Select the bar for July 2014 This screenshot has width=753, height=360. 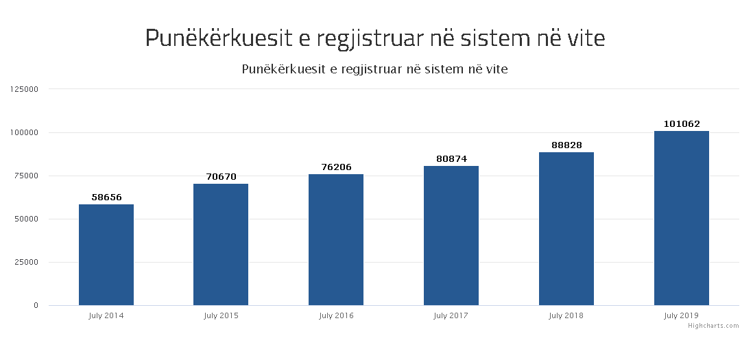pyautogui.click(x=106, y=254)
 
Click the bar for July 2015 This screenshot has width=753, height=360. pyautogui.click(x=221, y=244)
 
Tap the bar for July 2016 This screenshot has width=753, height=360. pyautogui.click(x=336, y=239)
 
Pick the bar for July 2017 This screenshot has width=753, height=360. pyautogui.click(x=451, y=235)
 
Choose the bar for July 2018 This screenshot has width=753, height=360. pyautogui.click(x=566, y=228)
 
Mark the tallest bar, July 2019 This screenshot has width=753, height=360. pyautogui.click(x=682, y=218)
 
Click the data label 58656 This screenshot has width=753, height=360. pyautogui.click(x=106, y=197)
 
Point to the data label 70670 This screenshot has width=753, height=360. pyautogui.click(x=221, y=176)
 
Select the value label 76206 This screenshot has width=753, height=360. pyautogui.click(x=336, y=167)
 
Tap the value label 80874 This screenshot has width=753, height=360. pyautogui.click(x=451, y=158)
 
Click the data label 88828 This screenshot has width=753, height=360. pyautogui.click(x=566, y=145)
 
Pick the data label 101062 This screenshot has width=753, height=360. pyautogui.click(x=682, y=124)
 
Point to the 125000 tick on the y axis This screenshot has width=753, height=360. pyautogui.click(x=24, y=89)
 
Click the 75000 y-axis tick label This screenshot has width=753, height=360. pyautogui.click(x=26, y=176)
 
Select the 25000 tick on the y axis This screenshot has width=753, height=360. pyautogui.click(x=26, y=262)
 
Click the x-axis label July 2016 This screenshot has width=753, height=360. pyautogui.click(x=336, y=316)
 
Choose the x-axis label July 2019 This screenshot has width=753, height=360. pyautogui.click(x=682, y=316)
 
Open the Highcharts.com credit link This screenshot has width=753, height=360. pyautogui.click(x=714, y=326)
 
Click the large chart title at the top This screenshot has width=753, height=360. pyautogui.click(x=375, y=38)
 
